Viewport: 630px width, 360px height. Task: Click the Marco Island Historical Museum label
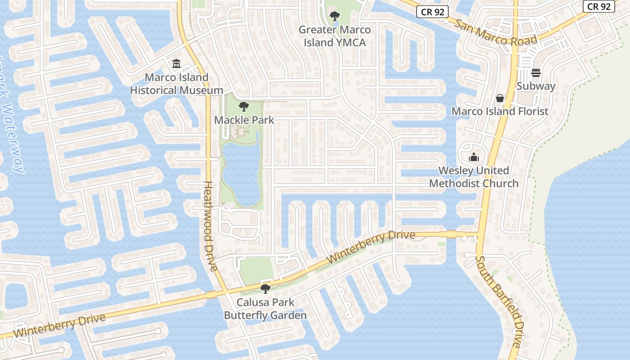(176, 84)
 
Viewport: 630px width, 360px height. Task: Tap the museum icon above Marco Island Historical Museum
(176, 64)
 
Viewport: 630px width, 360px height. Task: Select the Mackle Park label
(244, 120)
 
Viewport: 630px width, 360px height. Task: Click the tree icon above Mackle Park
(244, 107)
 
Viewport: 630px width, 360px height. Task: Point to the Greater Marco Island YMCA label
(335, 36)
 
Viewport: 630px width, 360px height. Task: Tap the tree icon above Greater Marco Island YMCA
(334, 17)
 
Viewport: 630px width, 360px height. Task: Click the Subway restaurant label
(535, 86)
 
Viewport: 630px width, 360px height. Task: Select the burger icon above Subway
(535, 72)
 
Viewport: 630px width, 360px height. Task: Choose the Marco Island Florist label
(500, 111)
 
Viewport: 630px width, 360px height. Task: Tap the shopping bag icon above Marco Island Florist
(500, 98)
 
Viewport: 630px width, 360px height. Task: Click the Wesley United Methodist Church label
(474, 177)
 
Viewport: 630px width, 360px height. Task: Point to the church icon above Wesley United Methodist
(474, 157)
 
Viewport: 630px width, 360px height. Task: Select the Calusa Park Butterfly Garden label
(265, 309)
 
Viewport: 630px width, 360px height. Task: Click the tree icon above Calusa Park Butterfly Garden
(265, 288)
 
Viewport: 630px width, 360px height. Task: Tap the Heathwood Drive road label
(211, 226)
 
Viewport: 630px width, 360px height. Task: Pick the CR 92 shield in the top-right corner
(599, 6)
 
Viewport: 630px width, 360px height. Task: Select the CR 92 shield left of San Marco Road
(432, 12)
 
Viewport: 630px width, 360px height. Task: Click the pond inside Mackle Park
(241, 173)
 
